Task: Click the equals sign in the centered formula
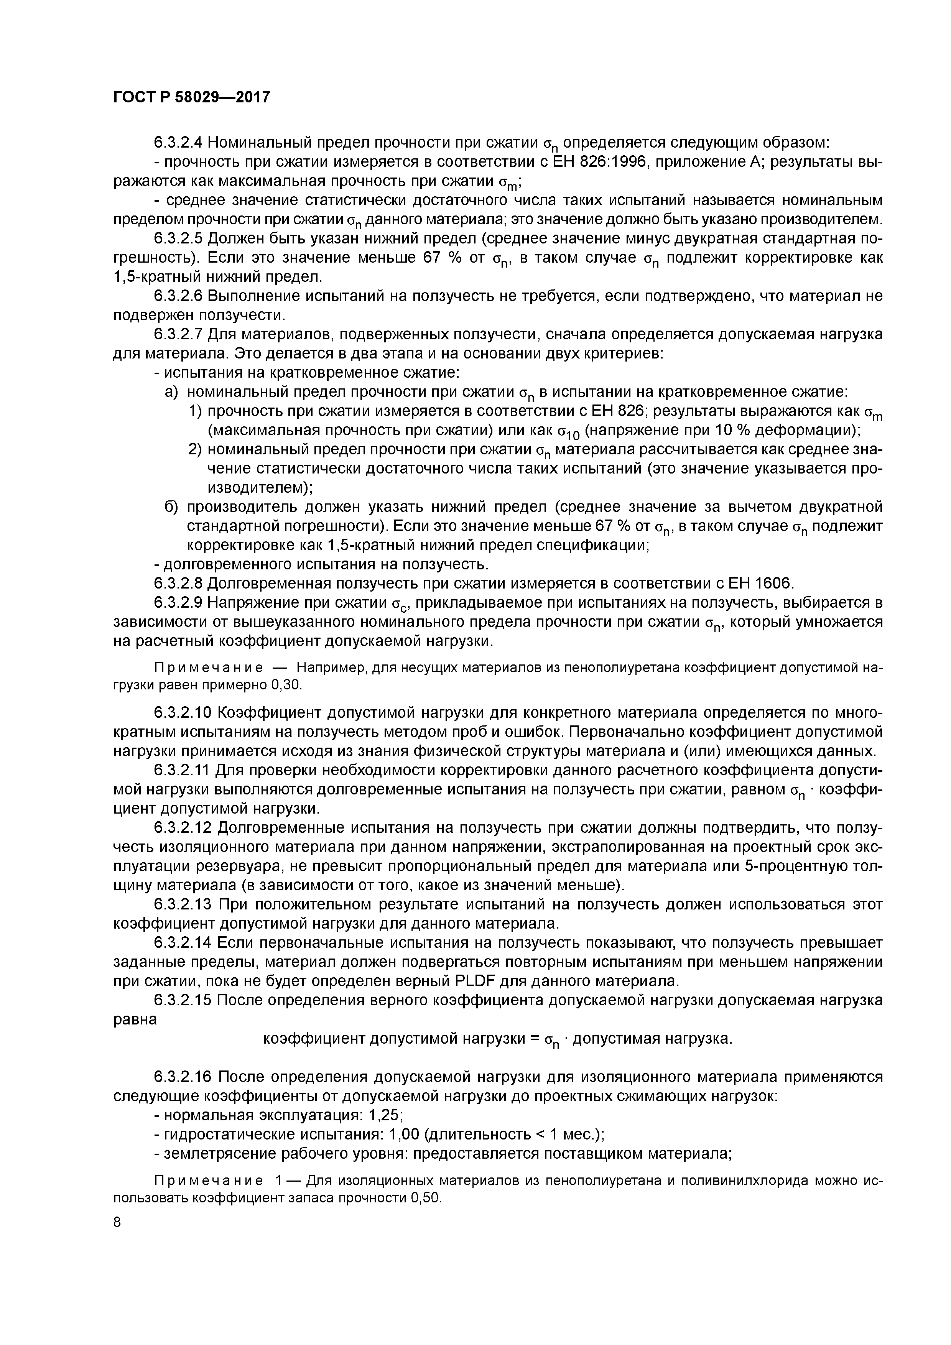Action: [533, 1039]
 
